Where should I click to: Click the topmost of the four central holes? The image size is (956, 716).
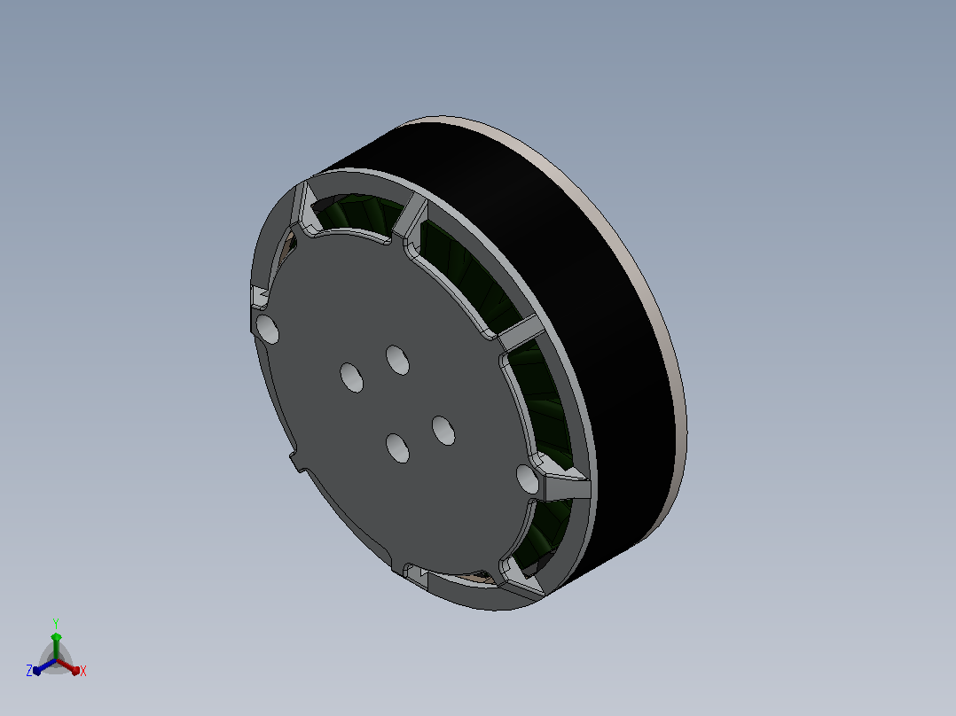click(x=397, y=360)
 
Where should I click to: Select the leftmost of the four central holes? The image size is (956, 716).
click(x=351, y=377)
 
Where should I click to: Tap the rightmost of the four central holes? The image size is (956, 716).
click(x=443, y=431)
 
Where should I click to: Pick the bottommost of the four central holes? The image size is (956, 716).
click(x=397, y=447)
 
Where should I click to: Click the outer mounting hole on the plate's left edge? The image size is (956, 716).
click(x=267, y=330)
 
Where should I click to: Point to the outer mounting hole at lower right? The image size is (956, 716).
click(x=528, y=479)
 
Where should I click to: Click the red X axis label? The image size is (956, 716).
click(x=83, y=671)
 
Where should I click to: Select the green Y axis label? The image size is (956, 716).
click(x=56, y=623)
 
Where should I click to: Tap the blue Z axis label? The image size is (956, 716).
click(x=29, y=670)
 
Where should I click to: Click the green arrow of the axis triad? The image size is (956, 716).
click(x=56, y=645)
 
